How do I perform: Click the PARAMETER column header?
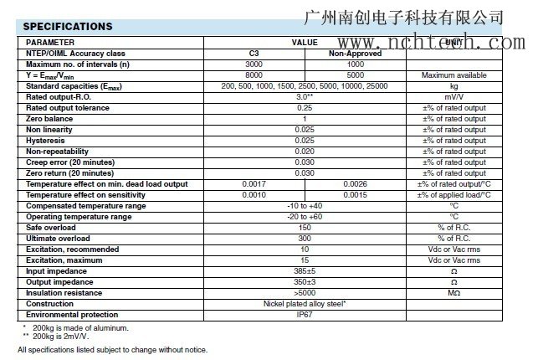pos(50,42)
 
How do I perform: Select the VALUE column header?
pos(305,42)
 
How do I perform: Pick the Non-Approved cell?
pos(354,53)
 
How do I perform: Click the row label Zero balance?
pos(50,119)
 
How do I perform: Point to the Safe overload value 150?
pos(305,228)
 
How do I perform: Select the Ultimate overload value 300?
pos(305,239)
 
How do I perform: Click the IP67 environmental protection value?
pos(305,315)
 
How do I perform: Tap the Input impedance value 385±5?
pos(305,271)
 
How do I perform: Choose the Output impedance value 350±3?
pos(305,282)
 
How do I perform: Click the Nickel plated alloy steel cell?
pos(305,304)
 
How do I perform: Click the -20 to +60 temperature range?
pos(305,217)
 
